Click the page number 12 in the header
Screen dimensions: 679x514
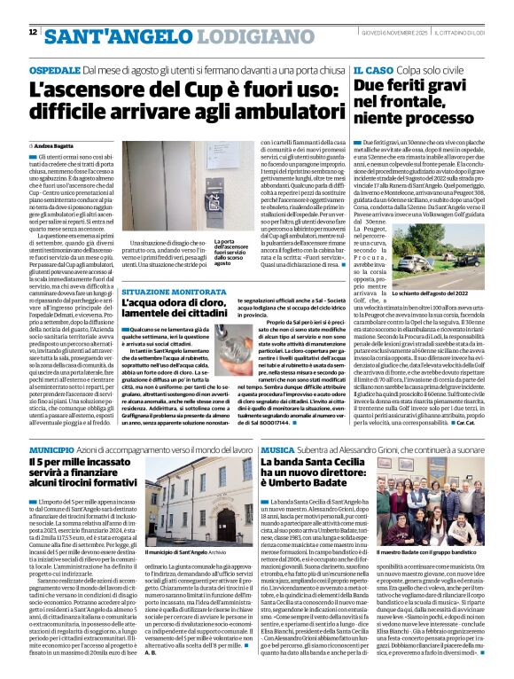[x=32, y=32]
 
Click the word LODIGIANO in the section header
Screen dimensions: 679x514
[x=208, y=35]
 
